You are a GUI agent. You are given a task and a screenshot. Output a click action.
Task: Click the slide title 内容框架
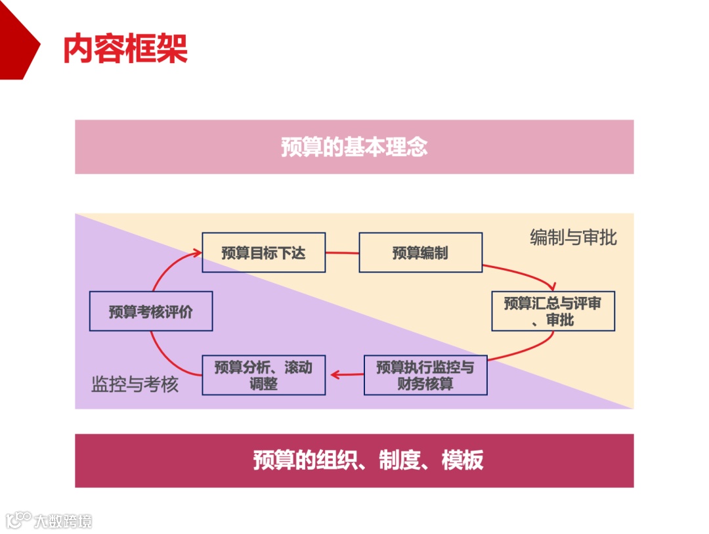pos(125,48)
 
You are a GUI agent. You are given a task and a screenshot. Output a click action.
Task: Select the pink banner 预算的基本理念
pos(354,146)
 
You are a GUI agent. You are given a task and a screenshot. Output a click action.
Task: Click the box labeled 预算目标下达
pos(263,253)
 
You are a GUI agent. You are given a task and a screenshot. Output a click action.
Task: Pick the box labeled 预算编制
pos(420,253)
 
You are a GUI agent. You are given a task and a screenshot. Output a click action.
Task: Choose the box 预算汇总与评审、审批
pos(553,311)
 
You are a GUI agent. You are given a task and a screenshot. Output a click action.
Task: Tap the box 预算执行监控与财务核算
pos(425,375)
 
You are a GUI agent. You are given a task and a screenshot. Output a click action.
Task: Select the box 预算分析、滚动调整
pos(263,375)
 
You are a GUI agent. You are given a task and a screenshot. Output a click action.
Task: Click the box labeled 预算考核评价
pos(150,311)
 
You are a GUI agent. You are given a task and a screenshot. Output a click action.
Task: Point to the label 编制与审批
pos(573,237)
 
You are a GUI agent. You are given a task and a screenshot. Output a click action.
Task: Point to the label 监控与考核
pos(135,384)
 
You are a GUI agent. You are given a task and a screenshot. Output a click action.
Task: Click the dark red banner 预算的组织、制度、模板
pos(354,460)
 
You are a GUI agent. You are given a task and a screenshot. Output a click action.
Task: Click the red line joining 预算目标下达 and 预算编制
pos(342,253)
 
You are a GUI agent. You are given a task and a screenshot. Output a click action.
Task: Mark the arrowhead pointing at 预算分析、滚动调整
pos(333,375)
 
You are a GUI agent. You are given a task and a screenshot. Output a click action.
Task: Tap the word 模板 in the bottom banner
pos(463,460)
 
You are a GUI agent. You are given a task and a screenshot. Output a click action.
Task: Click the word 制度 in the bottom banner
pos(399,460)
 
